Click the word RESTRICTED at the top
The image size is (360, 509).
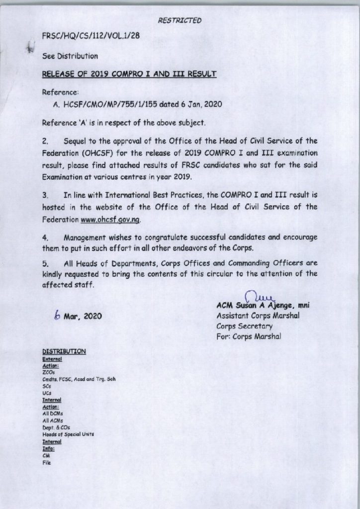point(180,20)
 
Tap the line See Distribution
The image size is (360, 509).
point(70,56)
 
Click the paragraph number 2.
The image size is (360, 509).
point(45,142)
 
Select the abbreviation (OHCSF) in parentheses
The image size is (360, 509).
point(100,153)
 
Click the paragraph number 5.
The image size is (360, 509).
point(45,263)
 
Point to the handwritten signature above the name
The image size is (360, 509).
point(255,297)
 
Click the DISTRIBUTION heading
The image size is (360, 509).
point(65,351)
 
